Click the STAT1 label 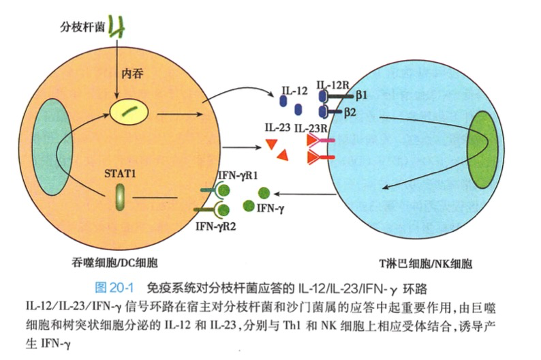(x=121, y=172)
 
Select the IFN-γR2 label (x=215, y=226)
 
